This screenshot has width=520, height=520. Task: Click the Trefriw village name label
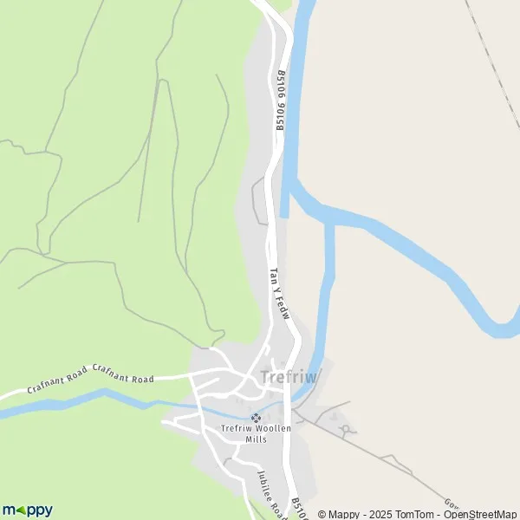[289, 377]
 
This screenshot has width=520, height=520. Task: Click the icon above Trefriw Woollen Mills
[255, 417]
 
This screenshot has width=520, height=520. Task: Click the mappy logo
[28, 510]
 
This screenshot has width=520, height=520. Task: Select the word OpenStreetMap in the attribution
[481, 514]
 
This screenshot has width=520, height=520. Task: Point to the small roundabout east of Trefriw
[346, 429]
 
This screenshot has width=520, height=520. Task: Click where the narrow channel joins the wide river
[329, 221]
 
